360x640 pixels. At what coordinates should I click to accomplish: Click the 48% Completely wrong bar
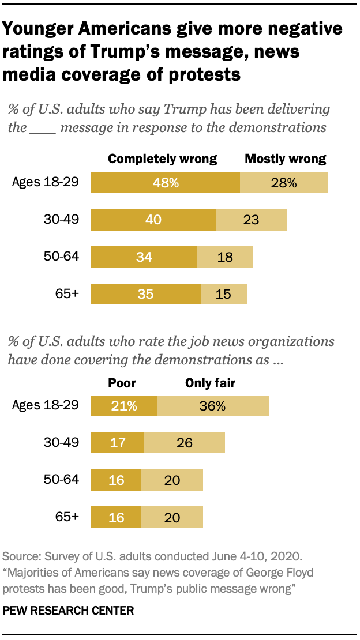[x=166, y=183]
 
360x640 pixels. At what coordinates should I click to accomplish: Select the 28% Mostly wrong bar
[x=284, y=183]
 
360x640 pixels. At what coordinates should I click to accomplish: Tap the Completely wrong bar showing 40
[x=153, y=220]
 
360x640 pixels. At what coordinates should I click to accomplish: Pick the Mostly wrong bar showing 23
[x=251, y=220]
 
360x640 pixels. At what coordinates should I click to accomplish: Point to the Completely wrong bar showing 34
[x=144, y=257]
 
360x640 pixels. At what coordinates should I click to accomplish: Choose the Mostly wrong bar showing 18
[x=225, y=257]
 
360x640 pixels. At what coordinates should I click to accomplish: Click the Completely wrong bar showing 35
[x=146, y=293]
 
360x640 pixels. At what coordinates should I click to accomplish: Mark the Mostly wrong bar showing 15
[x=224, y=293]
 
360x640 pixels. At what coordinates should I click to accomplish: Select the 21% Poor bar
[x=124, y=406]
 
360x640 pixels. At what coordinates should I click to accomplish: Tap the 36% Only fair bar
[x=212, y=406]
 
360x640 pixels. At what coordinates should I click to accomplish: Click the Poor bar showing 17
[x=118, y=443]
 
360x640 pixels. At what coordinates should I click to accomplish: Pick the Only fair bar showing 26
[x=185, y=443]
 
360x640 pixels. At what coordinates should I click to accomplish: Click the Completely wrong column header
[x=163, y=159]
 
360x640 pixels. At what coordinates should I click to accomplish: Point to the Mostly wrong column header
[x=286, y=159]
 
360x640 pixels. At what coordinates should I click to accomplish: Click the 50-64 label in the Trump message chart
[x=62, y=257]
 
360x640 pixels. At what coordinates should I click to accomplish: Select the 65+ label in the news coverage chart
[x=67, y=517]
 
